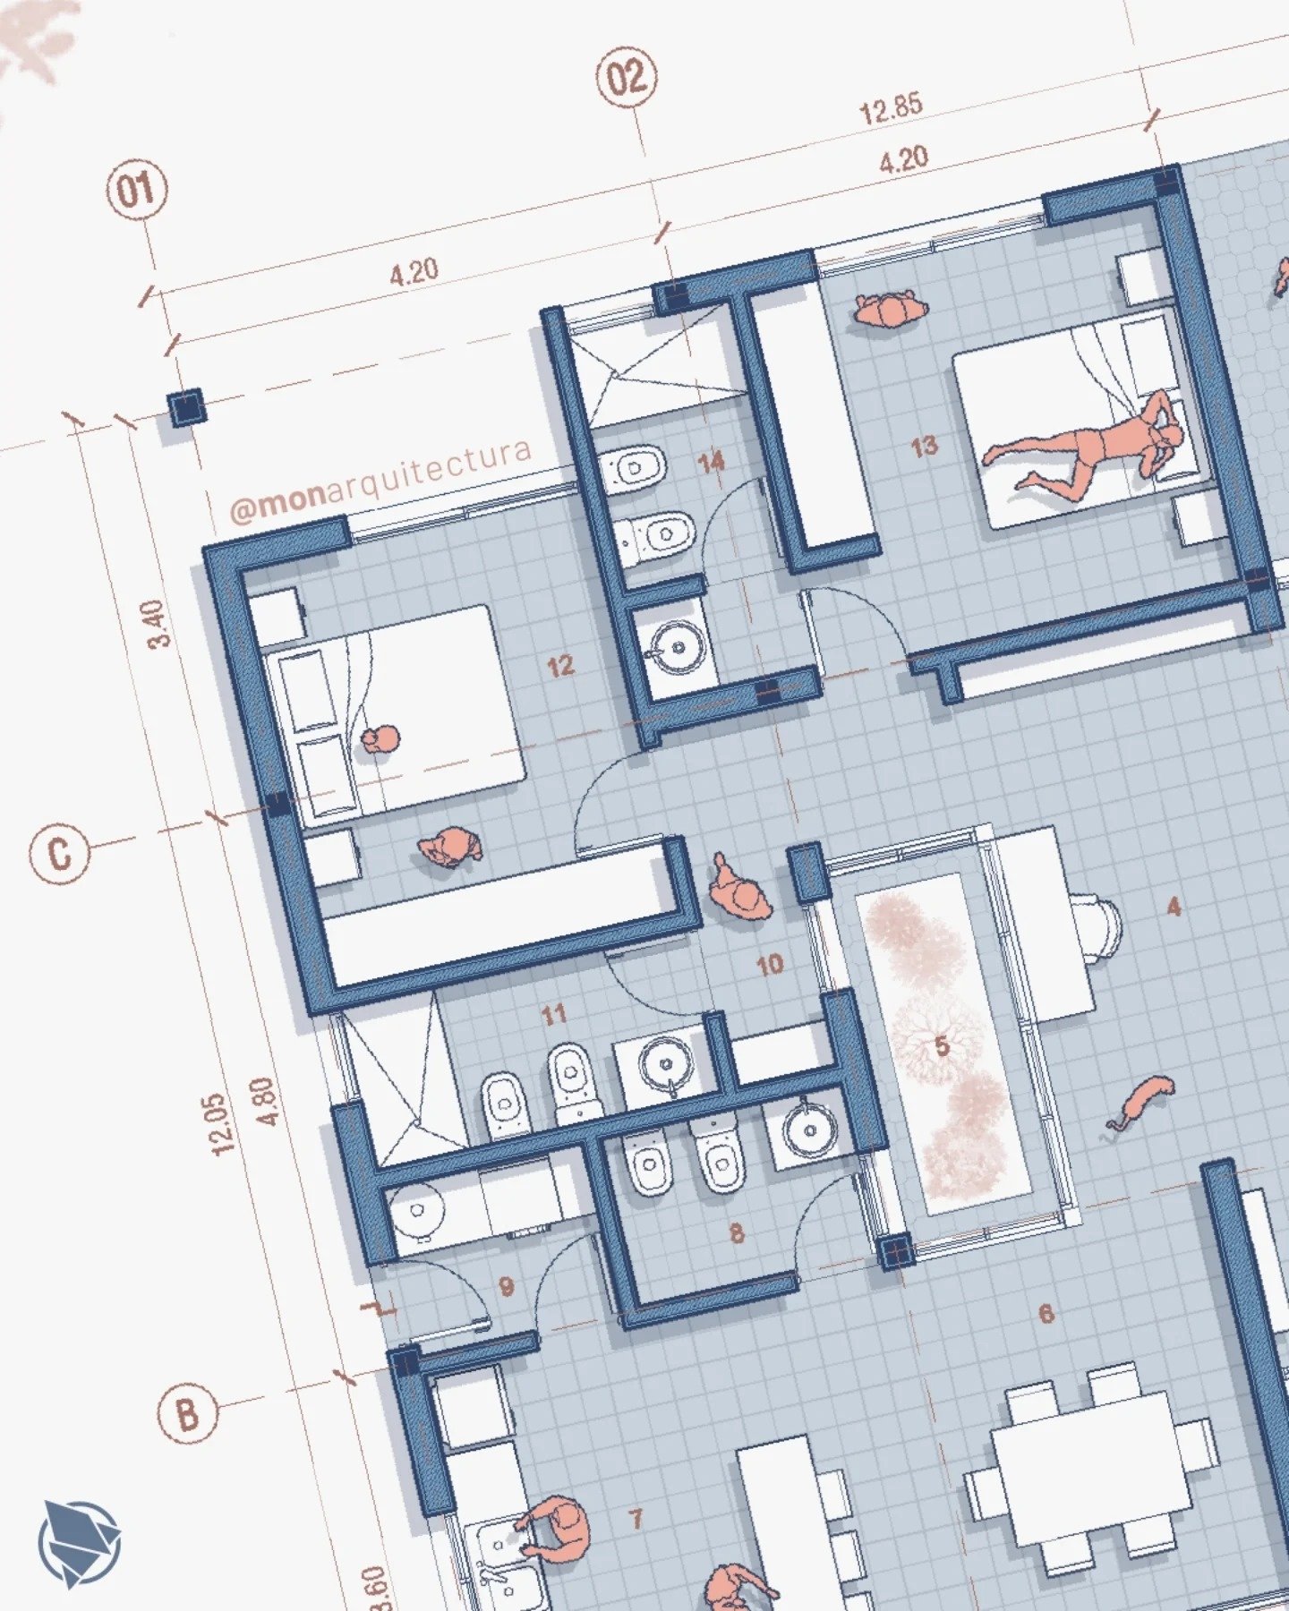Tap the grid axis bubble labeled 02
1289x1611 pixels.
[x=626, y=78]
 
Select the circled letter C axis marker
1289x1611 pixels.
[x=59, y=853]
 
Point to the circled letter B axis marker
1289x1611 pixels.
[x=187, y=1414]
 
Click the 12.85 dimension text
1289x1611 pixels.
[x=891, y=108]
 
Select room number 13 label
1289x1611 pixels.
[x=925, y=446]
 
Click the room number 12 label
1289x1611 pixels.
[x=560, y=666]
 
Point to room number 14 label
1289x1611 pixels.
[x=712, y=463]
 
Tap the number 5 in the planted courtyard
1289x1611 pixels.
[x=941, y=1045]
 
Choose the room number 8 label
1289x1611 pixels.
[x=737, y=1233]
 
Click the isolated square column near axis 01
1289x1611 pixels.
[x=187, y=408]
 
